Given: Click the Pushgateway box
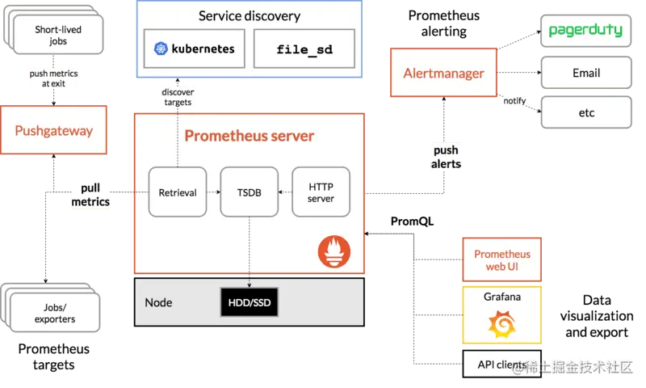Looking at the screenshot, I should pyautogui.click(x=54, y=130).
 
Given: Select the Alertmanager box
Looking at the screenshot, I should pyautogui.click(x=443, y=73).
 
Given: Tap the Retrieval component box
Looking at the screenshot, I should pyautogui.click(x=178, y=192).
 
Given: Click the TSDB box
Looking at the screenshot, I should pyautogui.click(x=249, y=192).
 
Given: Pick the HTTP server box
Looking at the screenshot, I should pyautogui.click(x=321, y=192).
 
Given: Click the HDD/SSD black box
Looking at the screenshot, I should pyautogui.click(x=249, y=302).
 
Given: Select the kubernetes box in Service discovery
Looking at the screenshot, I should pyautogui.click(x=194, y=48).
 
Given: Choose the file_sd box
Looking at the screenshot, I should pyautogui.click(x=304, y=48).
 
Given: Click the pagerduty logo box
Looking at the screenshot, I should pyautogui.click(x=585, y=32).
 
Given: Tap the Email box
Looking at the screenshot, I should pyautogui.click(x=585, y=73).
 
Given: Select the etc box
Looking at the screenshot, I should pyautogui.click(x=585, y=112).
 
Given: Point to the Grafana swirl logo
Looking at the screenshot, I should pyautogui.click(x=501, y=324).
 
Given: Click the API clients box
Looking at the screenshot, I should pyautogui.click(x=501, y=365).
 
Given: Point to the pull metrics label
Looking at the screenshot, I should pyautogui.click(x=90, y=195).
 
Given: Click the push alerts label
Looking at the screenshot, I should pyautogui.click(x=446, y=157).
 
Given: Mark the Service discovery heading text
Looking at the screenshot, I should pyautogui.click(x=250, y=16).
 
